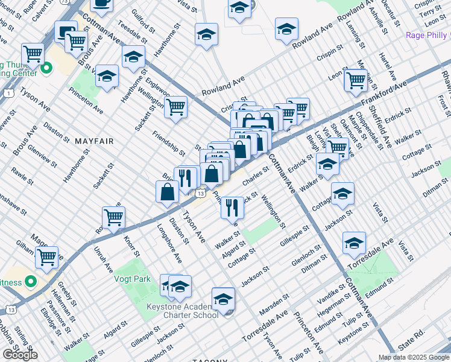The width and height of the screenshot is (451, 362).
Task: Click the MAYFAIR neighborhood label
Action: point(94,141)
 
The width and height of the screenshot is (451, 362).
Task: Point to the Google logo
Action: point(19,355)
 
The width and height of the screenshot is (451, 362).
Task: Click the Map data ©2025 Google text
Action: point(414,357)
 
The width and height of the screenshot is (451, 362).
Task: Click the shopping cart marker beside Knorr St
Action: point(113,217)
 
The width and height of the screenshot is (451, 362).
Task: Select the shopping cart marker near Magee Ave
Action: point(46,256)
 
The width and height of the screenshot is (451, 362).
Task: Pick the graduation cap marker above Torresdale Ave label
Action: point(354,242)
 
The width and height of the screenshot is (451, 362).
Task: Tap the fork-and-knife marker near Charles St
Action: point(232,207)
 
